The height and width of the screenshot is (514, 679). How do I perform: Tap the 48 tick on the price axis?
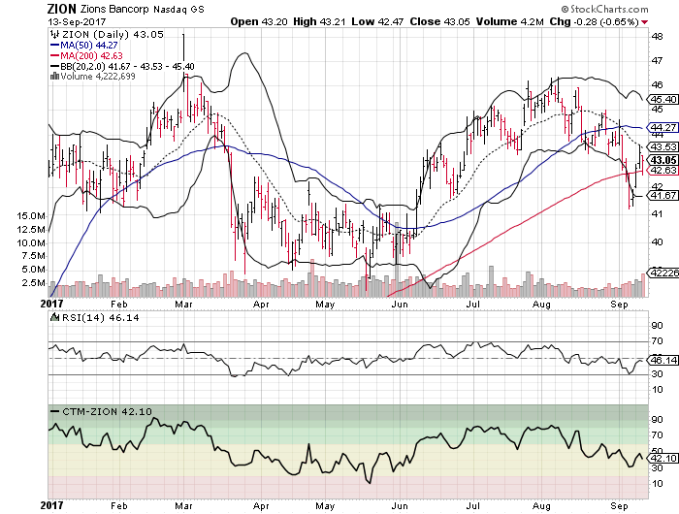657,37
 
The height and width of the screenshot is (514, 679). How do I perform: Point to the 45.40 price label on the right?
663,99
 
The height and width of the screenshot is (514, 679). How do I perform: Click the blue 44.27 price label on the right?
663,127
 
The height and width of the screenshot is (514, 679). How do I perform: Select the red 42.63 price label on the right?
663,170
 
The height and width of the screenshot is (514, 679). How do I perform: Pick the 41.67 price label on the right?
663,195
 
